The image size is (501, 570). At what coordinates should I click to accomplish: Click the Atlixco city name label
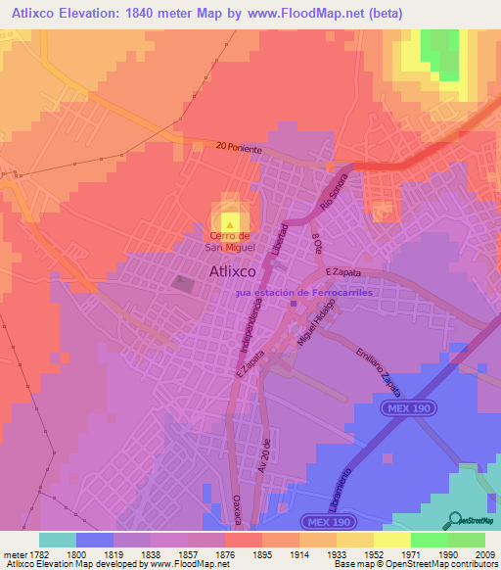coord(233,273)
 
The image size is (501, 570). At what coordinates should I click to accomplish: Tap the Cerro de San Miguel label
coord(231,241)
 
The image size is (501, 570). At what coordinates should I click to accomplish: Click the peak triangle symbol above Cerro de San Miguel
coord(231,223)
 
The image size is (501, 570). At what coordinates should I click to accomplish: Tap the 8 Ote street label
coord(316,241)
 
